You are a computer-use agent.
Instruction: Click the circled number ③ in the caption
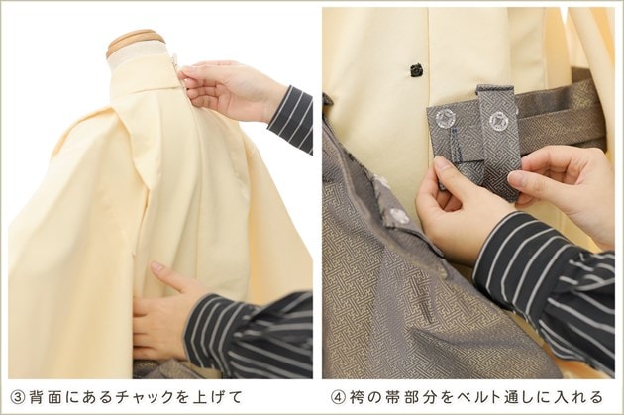(x=18, y=397)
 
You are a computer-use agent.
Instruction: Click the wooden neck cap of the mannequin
(x=136, y=41)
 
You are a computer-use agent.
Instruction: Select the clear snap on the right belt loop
(x=497, y=119)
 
